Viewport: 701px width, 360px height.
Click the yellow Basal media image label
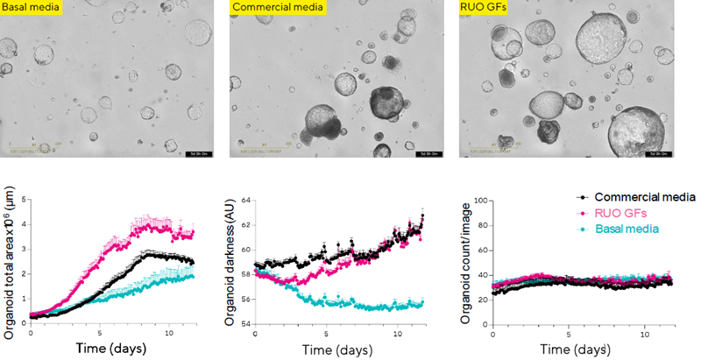pos(27,9)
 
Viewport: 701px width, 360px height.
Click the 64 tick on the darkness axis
pos(244,201)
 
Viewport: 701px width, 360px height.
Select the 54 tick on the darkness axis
pos(244,324)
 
